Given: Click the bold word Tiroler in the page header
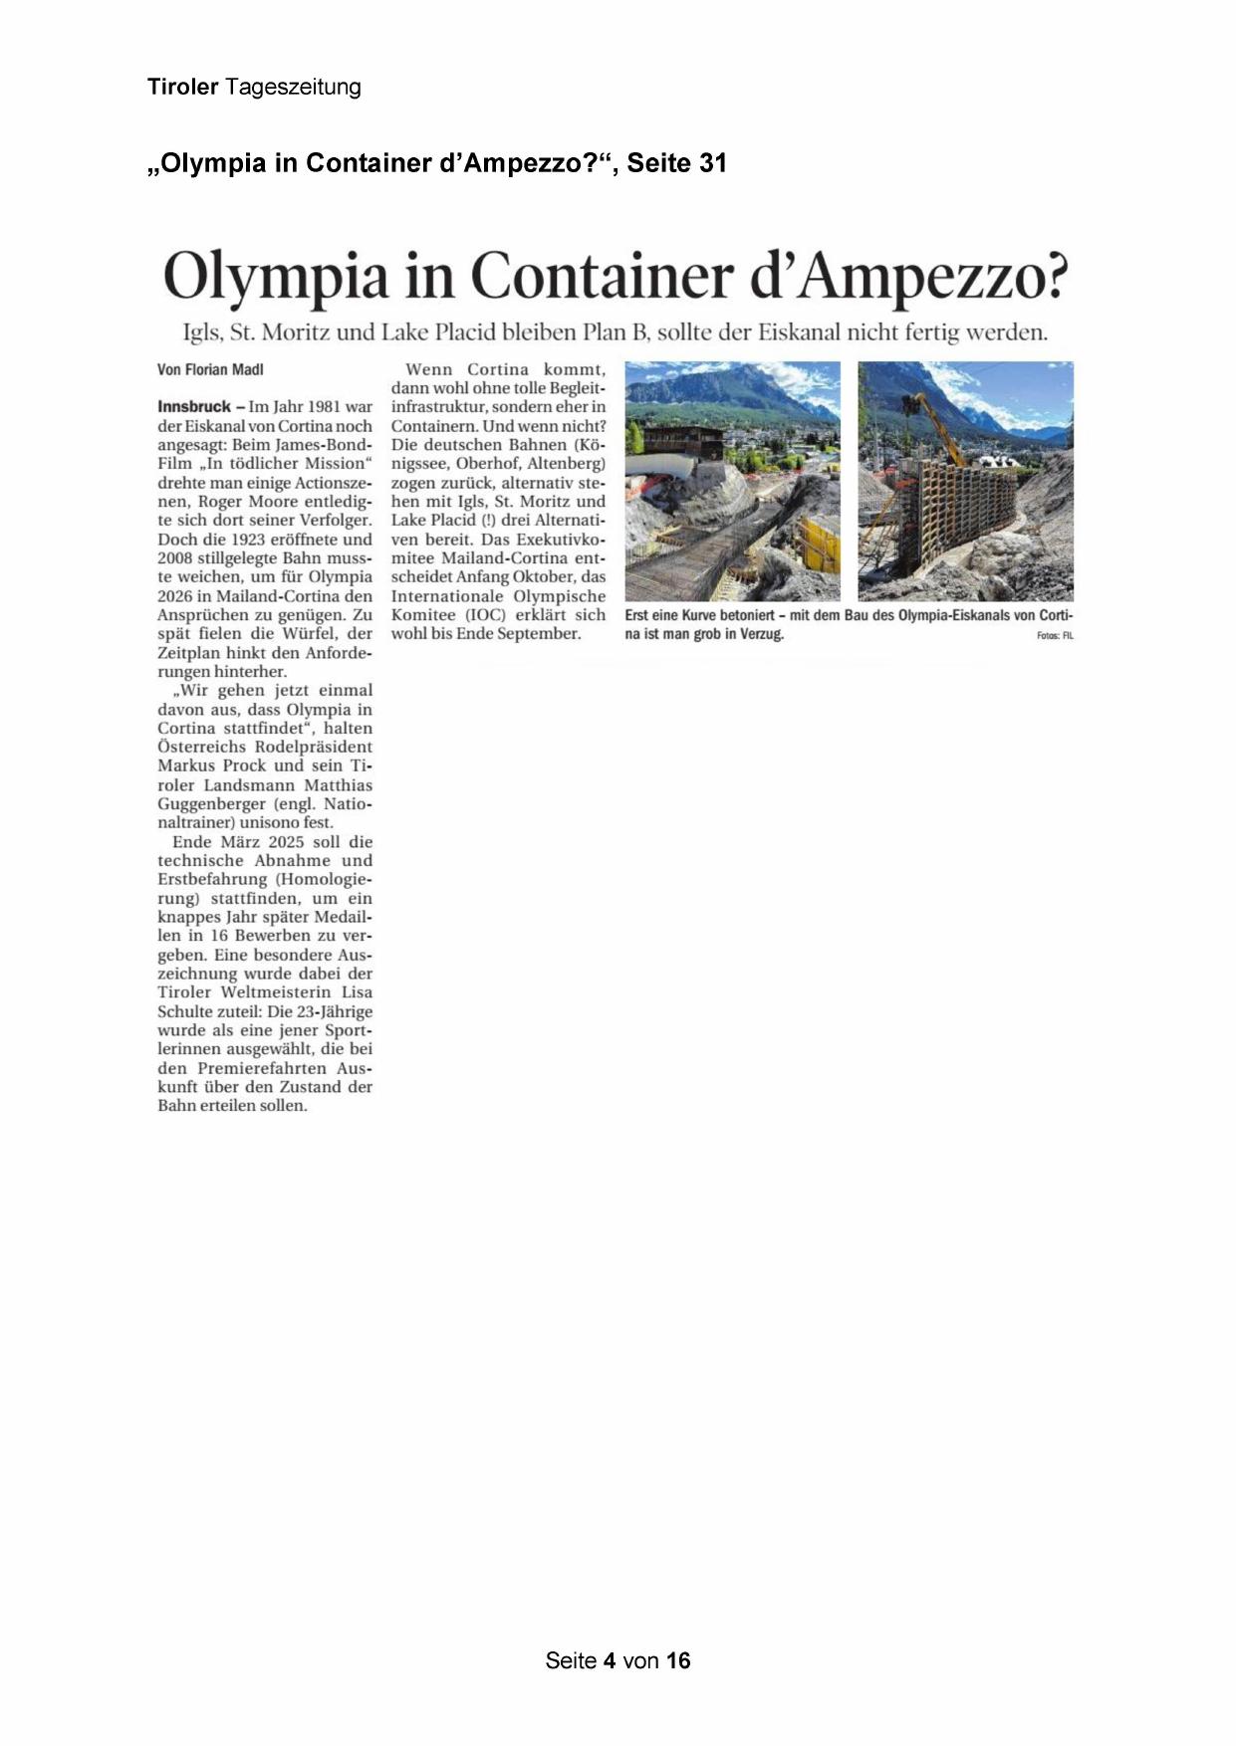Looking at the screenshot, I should pos(182,87).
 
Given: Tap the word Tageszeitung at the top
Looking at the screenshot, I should pos(293,88).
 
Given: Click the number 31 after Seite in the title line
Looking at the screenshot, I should pos(713,162).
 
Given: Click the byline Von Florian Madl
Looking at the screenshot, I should pos(210,370).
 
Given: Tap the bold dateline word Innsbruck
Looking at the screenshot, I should pos(194,406).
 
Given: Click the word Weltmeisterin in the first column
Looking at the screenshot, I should pos(276,992).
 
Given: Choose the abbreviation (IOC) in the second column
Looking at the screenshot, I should pos(485,615).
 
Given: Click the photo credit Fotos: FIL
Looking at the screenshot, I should pos(1055,635).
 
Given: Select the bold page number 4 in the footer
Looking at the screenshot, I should pos(608,1660).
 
